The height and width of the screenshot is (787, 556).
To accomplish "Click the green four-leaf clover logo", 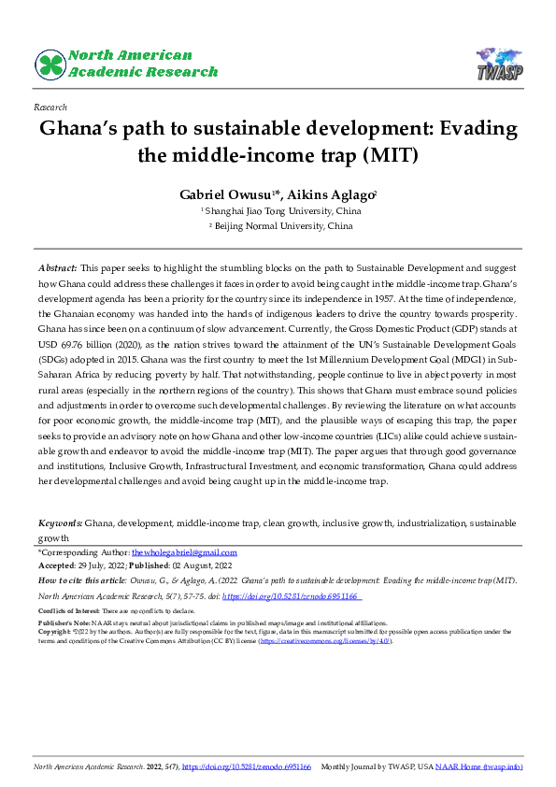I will pyautogui.click(x=50, y=64).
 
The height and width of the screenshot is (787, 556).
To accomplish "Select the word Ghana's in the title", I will pyautogui.click(x=78, y=129).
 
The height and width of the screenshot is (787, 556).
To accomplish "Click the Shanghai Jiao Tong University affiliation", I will pyautogui.click(x=283, y=211).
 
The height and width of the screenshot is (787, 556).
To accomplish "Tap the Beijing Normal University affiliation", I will pyautogui.click(x=283, y=225).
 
